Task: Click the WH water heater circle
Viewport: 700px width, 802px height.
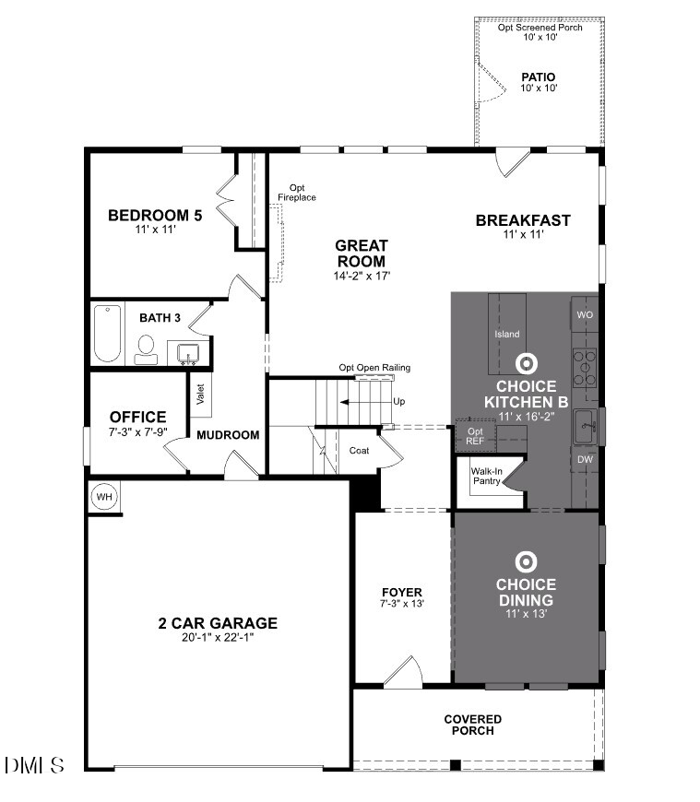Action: pos(104,497)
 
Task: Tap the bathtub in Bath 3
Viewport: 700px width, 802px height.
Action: pos(106,334)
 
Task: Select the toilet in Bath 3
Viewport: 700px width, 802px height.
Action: pos(146,348)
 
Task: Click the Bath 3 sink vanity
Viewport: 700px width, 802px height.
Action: pos(187,353)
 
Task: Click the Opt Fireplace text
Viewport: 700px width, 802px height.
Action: pos(297,192)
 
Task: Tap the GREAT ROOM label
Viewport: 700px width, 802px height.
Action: pos(361,254)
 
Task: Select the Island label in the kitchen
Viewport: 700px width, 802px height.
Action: pos(507,334)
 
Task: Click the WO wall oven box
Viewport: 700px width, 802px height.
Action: pos(585,314)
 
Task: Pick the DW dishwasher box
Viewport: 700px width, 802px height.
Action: pos(585,458)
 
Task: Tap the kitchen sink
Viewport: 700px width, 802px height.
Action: pos(585,426)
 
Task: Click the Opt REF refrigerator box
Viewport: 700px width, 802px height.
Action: pos(475,436)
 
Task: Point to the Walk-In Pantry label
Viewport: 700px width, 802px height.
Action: pos(487,476)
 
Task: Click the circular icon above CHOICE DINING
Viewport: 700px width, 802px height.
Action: pos(526,560)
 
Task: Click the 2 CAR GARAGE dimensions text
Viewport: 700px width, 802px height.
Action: pos(217,637)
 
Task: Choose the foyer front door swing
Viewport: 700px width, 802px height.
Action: pos(403,672)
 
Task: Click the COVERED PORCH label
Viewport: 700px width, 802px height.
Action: pos(472,725)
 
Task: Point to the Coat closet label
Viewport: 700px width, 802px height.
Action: pos(360,451)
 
